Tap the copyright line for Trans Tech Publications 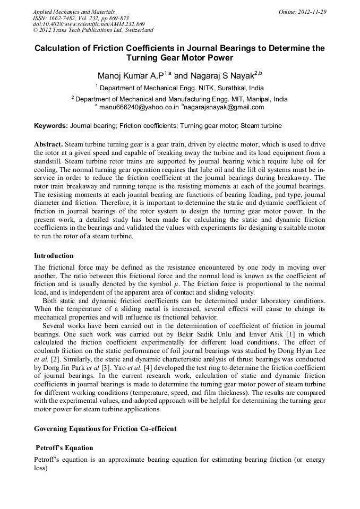[x=93, y=31]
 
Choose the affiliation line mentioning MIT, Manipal [x=181, y=99]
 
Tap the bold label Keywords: [x=51, y=126]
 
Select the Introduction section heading [x=54, y=256]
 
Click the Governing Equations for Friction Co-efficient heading [x=105, y=428]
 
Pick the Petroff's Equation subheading [x=64, y=448]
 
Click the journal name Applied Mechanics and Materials [x=73, y=12]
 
